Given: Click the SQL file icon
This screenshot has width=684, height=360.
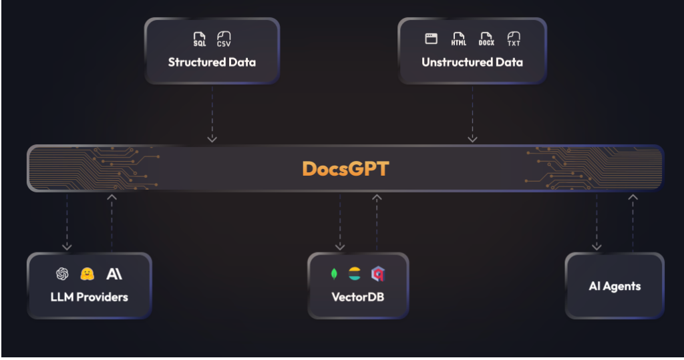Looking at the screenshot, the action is pyautogui.click(x=199, y=39).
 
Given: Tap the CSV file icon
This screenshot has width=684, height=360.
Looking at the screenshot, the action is pyautogui.click(x=224, y=39).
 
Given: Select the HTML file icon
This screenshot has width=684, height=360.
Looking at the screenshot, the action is pyautogui.click(x=458, y=39).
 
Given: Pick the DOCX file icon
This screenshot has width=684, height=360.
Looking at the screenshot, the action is pyautogui.click(x=486, y=39).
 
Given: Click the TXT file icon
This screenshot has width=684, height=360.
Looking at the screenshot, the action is pyautogui.click(x=514, y=39).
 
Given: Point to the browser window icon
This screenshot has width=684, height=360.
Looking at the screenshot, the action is pyautogui.click(x=431, y=38).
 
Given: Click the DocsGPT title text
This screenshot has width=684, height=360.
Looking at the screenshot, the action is pyautogui.click(x=345, y=169).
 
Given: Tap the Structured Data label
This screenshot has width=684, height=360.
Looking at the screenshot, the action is pyautogui.click(x=212, y=62).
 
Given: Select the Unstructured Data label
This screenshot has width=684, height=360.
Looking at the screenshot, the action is pyautogui.click(x=472, y=62).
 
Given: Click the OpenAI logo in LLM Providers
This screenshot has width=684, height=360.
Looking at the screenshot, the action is pyautogui.click(x=62, y=274).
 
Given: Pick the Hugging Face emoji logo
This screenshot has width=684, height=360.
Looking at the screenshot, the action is pyautogui.click(x=88, y=274).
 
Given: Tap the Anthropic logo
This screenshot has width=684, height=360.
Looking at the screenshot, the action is pyautogui.click(x=114, y=274).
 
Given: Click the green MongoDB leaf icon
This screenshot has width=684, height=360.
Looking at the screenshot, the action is pyautogui.click(x=334, y=274).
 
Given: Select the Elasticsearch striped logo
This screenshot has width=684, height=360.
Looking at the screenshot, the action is pyautogui.click(x=355, y=274).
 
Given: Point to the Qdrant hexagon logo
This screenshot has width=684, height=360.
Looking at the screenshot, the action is pyautogui.click(x=378, y=274).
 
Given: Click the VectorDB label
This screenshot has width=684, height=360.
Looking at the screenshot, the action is pyautogui.click(x=358, y=297).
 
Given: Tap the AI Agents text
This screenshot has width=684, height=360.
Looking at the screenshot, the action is pyautogui.click(x=615, y=287).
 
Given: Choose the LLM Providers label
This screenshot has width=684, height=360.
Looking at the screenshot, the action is pyautogui.click(x=90, y=297).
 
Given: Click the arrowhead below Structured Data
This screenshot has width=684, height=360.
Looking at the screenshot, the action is pyautogui.click(x=212, y=139).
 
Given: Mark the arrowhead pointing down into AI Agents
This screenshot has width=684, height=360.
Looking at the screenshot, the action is pyautogui.click(x=596, y=247).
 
